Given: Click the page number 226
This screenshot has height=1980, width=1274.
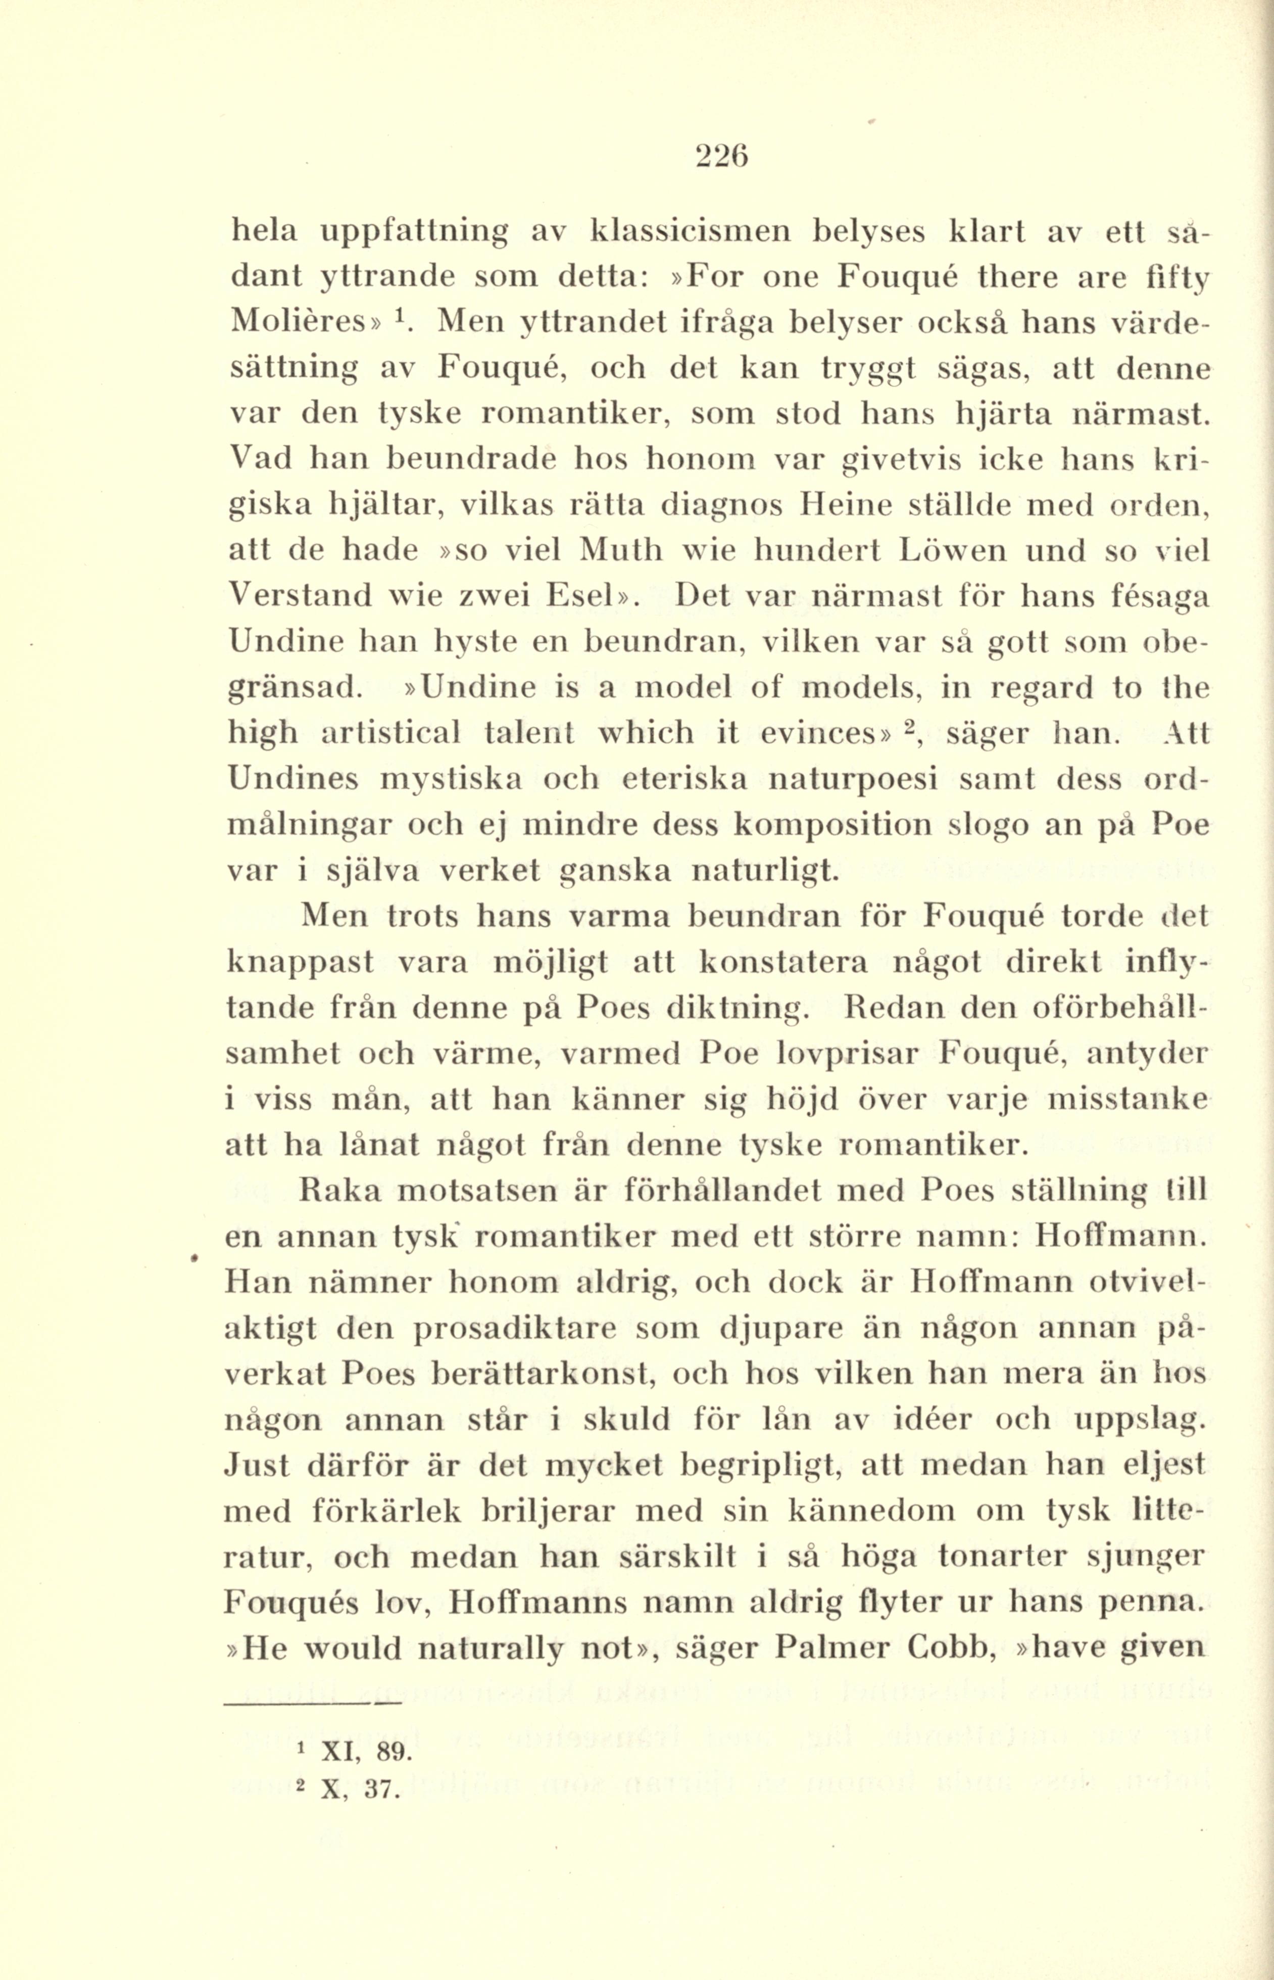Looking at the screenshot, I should [x=722, y=156].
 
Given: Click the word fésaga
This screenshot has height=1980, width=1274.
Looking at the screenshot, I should [x=1156, y=596].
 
